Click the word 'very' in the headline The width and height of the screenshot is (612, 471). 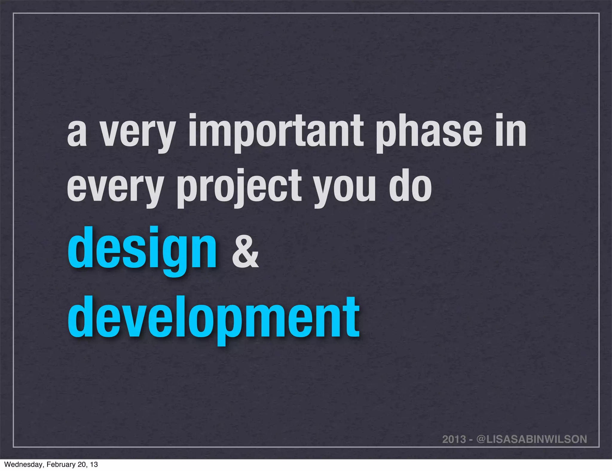click(x=137, y=133)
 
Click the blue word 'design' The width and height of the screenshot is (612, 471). click(x=142, y=250)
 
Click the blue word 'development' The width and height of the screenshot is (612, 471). click(x=213, y=318)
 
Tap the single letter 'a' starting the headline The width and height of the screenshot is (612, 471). click(x=77, y=134)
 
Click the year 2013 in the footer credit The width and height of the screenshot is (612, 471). click(x=454, y=439)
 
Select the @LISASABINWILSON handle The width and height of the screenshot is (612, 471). click(x=532, y=439)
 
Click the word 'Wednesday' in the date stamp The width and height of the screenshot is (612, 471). click(x=24, y=464)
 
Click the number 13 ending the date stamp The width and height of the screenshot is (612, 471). click(x=94, y=464)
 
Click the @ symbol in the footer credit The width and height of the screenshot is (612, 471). click(x=481, y=439)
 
